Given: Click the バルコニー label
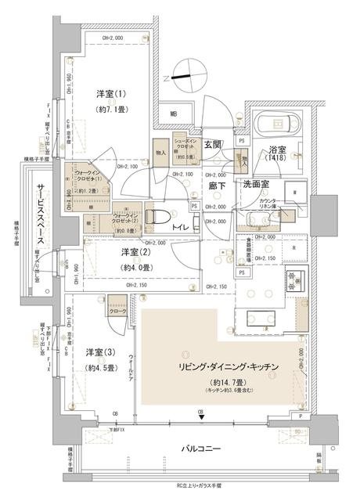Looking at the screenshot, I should [x=200, y=449].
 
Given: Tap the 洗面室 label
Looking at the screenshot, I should [x=255, y=186].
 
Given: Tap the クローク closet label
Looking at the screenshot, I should [x=117, y=311].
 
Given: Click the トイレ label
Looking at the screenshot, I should [x=179, y=227].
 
